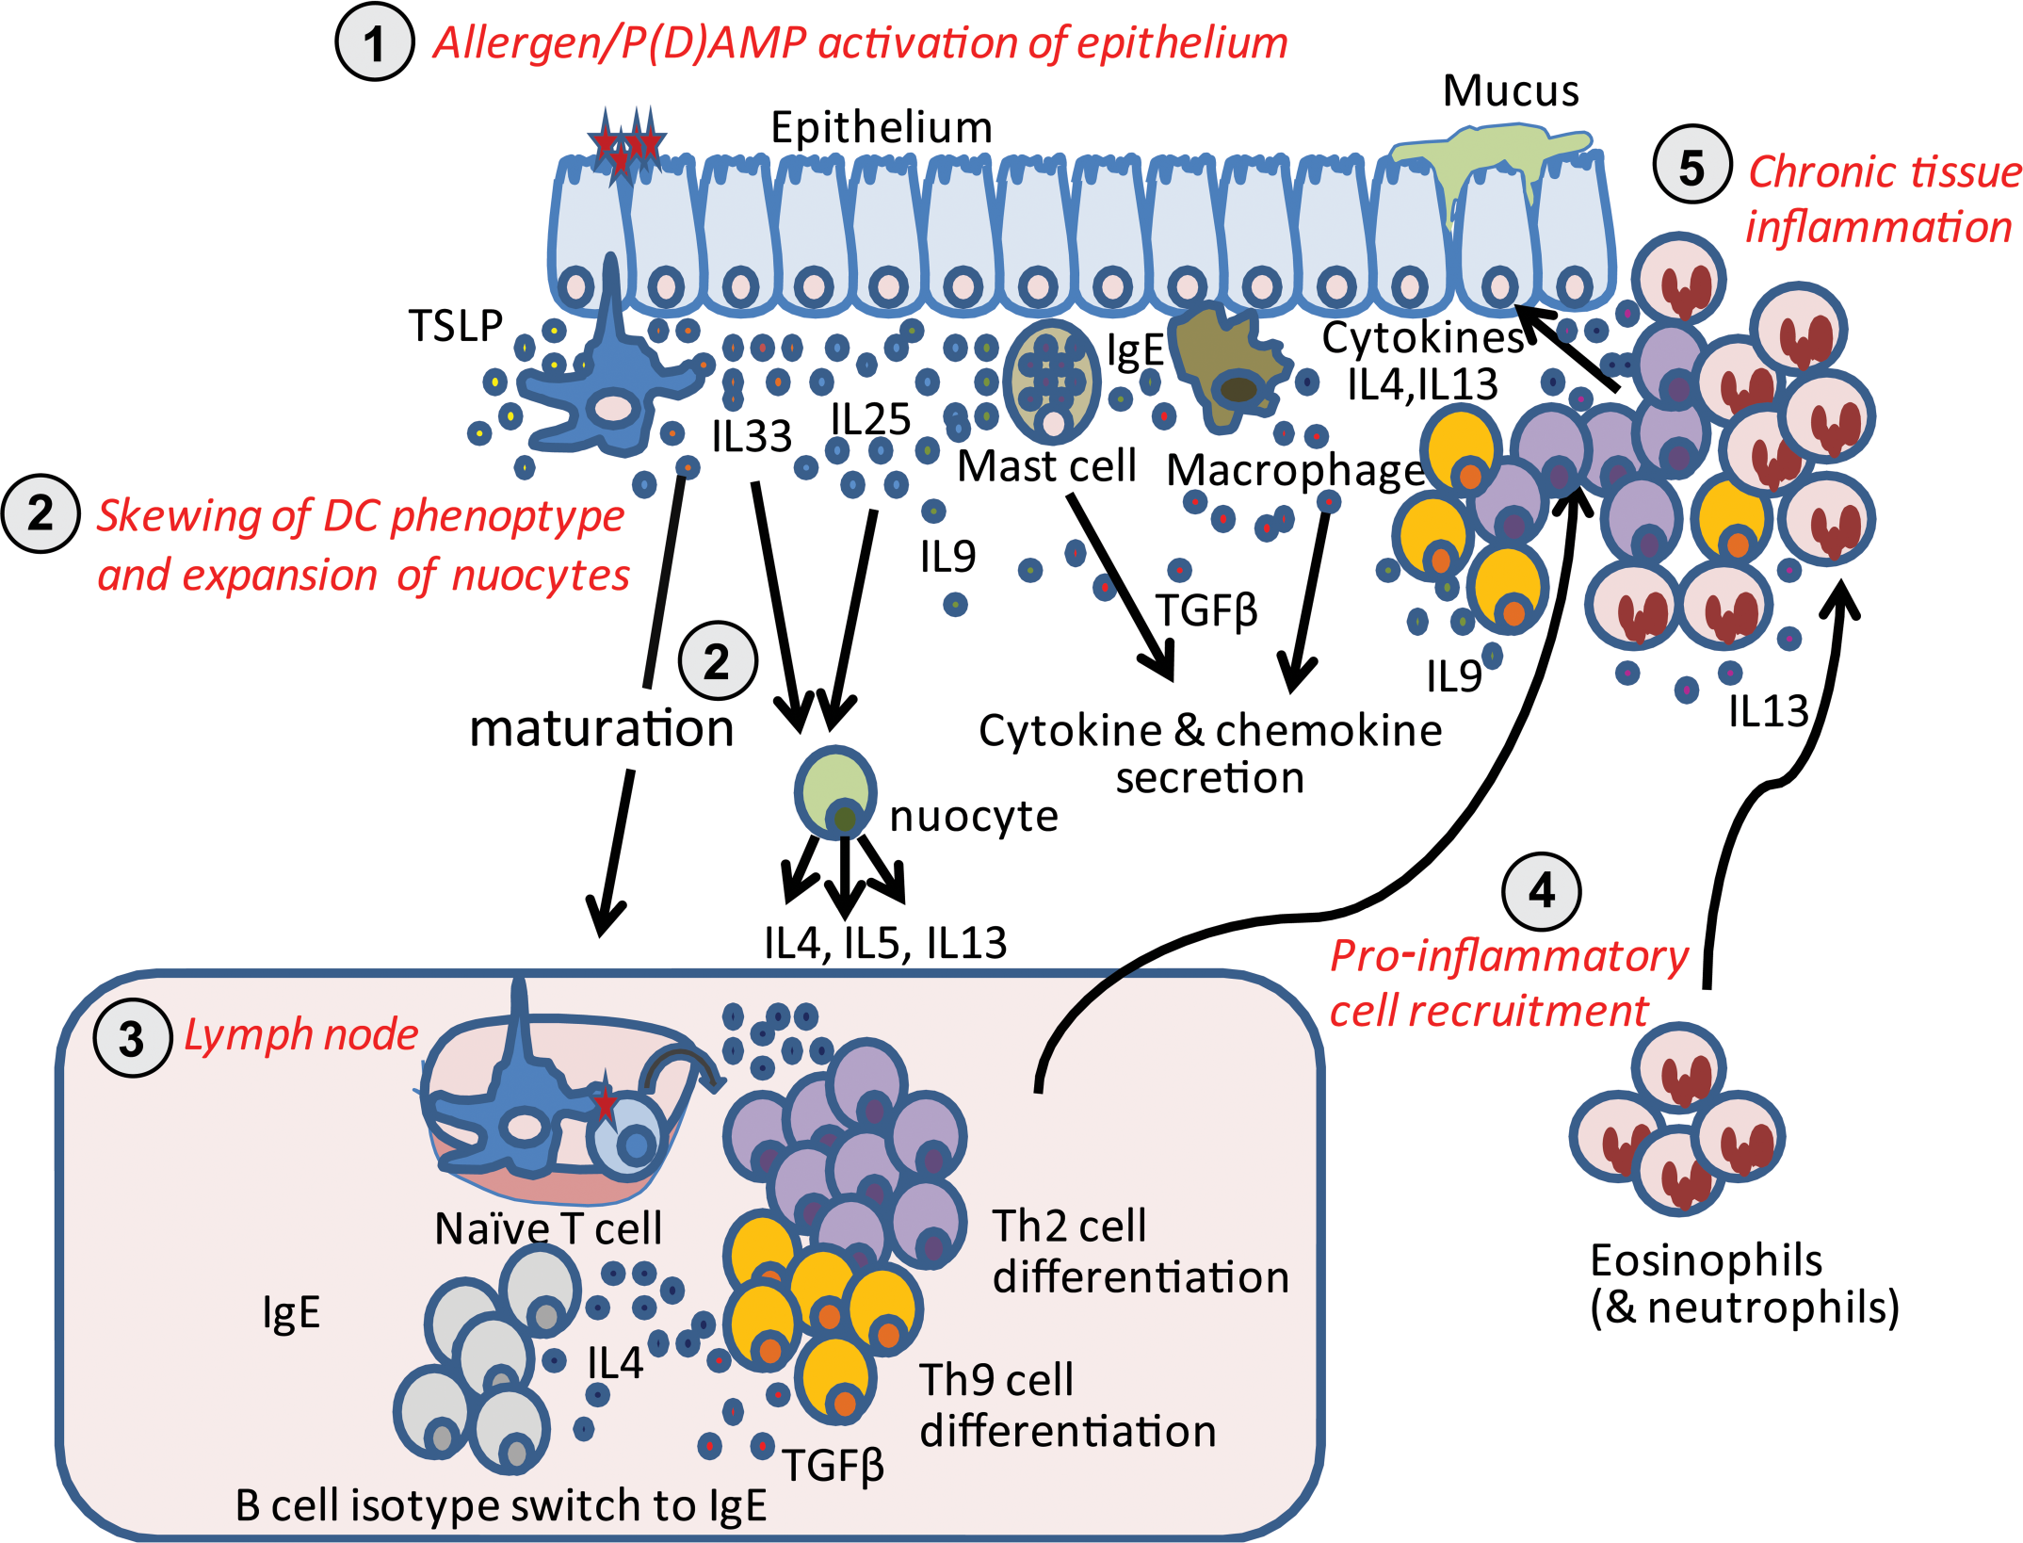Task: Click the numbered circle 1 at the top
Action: click(375, 42)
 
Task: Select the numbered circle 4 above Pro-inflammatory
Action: click(1542, 891)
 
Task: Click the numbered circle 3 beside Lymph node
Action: click(133, 1038)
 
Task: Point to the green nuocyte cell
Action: click(835, 792)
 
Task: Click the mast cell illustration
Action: click(1052, 381)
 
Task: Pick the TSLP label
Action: click(456, 326)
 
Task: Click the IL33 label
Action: click(752, 436)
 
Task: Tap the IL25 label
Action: click(871, 419)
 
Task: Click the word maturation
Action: click(602, 729)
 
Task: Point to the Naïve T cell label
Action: click(548, 1228)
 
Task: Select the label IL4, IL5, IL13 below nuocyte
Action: click(885, 943)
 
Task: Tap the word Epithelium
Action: click(882, 127)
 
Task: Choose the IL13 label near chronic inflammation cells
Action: click(1769, 711)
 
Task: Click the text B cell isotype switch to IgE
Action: click(501, 1505)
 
